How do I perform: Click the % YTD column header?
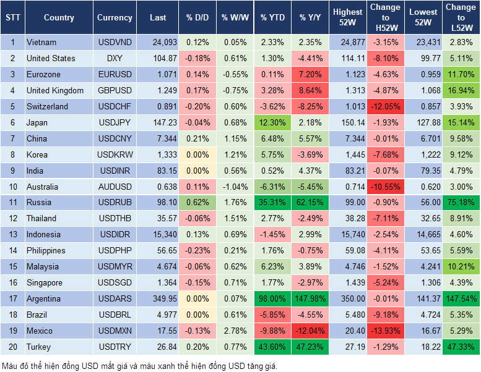[x=272, y=17]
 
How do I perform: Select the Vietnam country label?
[x=41, y=42]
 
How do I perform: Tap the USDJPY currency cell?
[x=115, y=122]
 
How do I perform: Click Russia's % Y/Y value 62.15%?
[x=311, y=202]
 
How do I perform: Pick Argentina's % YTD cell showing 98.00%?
[x=272, y=298]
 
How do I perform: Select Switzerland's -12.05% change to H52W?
[x=384, y=106]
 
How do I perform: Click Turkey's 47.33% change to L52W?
[x=461, y=347]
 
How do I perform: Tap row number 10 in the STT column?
[x=12, y=186]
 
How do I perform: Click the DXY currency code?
[x=115, y=58]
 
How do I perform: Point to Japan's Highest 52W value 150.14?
[x=348, y=122]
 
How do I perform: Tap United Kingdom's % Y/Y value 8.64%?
[x=311, y=90]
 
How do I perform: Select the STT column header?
[x=12, y=17]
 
